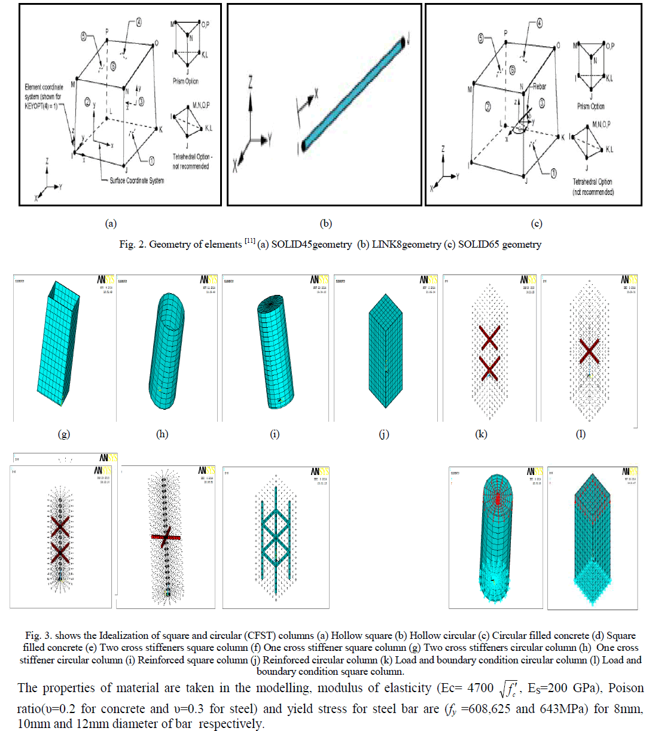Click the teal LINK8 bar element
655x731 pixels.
pos(354,93)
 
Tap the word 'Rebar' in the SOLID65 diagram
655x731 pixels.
pos(539,87)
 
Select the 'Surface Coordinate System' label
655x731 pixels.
pos(136,181)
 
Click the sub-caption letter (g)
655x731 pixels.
pos(63,434)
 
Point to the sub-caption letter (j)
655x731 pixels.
pos(384,434)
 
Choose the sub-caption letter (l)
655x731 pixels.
pos(580,434)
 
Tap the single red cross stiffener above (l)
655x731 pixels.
pos(589,351)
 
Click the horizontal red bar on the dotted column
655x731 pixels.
pos(166,537)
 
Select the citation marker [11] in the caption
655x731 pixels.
pos(249,241)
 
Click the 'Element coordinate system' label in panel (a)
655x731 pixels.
pos(43,96)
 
